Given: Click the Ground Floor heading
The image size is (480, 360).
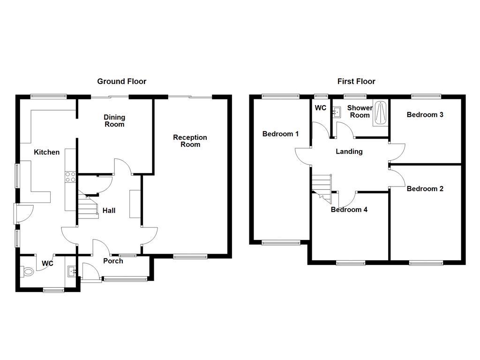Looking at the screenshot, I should [x=121, y=82].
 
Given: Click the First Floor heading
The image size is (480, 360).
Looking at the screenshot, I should [x=356, y=82].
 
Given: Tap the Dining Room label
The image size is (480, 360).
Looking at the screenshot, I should [x=114, y=121].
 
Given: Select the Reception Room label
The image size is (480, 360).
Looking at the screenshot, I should [x=190, y=141].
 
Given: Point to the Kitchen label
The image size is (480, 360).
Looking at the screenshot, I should [x=46, y=152].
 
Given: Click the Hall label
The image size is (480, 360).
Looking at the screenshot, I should [x=109, y=210].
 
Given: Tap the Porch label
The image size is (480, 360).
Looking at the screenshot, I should [x=113, y=261].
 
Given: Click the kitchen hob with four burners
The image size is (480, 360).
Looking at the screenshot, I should [x=70, y=177].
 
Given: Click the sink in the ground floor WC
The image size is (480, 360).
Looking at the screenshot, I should [x=72, y=271].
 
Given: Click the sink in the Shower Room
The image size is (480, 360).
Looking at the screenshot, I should [x=337, y=112].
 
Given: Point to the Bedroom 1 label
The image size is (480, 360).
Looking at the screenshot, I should [x=280, y=134].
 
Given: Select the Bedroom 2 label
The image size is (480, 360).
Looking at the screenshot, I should [x=425, y=189].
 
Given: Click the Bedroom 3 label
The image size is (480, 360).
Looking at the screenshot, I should [x=425, y=115].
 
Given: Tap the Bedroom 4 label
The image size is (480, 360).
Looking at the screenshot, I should [x=349, y=210].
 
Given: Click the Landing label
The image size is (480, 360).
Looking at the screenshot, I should [x=349, y=152].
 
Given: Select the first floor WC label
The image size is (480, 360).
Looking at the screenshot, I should [x=321, y=108].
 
